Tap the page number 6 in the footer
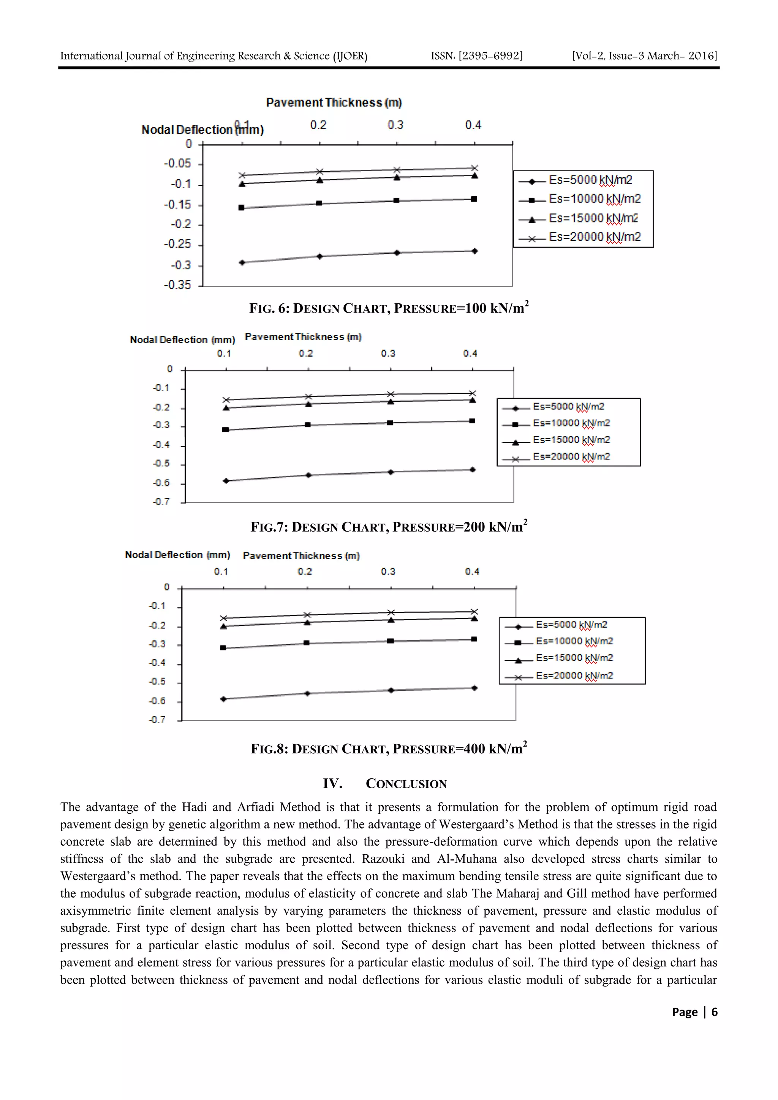pyautogui.click(x=714, y=1012)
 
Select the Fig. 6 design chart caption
pyautogui.click(x=388, y=308)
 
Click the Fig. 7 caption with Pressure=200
pyautogui.click(x=388, y=527)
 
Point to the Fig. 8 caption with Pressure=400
pyautogui.click(x=388, y=749)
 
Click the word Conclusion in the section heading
pyautogui.click(x=406, y=784)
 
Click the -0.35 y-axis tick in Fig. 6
pyautogui.click(x=177, y=285)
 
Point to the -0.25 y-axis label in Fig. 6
pyautogui.click(x=177, y=244)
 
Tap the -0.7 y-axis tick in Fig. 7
pyautogui.click(x=161, y=502)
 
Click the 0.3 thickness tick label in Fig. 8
pyautogui.click(x=388, y=571)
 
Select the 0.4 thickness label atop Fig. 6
pyautogui.click(x=473, y=125)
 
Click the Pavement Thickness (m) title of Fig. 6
pyautogui.click(x=334, y=103)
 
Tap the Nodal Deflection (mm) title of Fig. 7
pyautogui.click(x=183, y=340)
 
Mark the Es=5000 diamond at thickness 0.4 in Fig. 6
pyautogui.click(x=474, y=251)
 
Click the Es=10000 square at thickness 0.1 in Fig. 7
pyautogui.click(x=226, y=430)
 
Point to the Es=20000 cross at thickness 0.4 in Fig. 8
pyautogui.click(x=474, y=612)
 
